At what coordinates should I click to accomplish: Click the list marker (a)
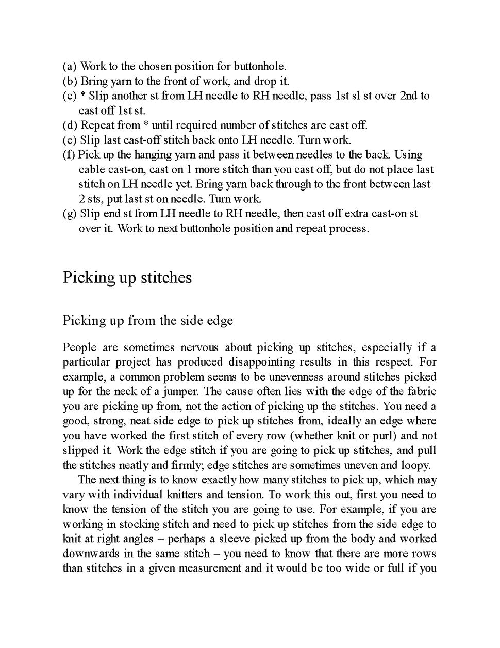[70, 66]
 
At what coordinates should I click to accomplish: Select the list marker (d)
[70, 125]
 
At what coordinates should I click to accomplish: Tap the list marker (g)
[70, 213]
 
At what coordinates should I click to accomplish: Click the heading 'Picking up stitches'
[127, 277]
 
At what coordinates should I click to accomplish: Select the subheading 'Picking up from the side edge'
[148, 320]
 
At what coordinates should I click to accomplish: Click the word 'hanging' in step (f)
[154, 154]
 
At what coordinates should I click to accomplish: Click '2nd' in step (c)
[408, 96]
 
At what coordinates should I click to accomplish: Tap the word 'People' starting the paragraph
[79, 347]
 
